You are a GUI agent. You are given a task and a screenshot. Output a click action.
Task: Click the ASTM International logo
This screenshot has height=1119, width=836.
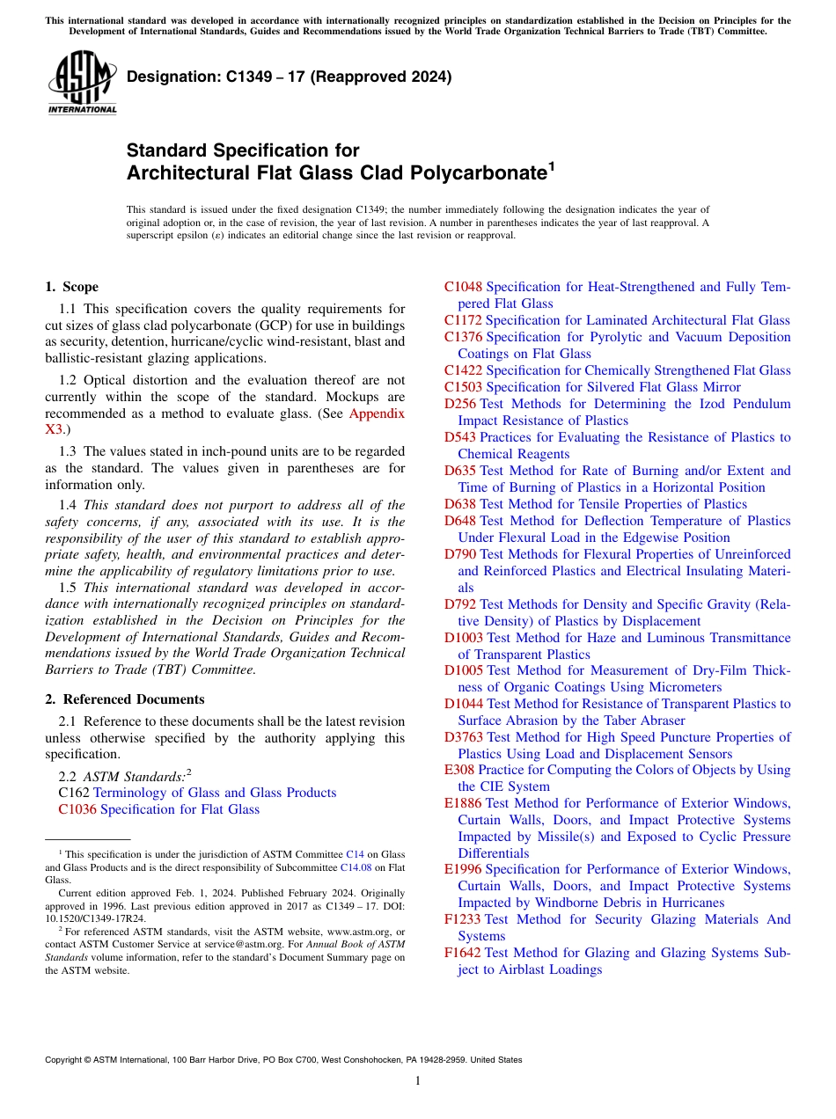tap(82, 84)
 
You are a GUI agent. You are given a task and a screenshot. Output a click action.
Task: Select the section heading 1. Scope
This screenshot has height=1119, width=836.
tap(71, 287)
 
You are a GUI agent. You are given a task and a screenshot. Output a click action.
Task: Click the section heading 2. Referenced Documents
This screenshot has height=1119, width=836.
tap(125, 699)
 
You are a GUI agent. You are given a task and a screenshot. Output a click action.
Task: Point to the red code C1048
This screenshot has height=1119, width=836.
tap(463, 287)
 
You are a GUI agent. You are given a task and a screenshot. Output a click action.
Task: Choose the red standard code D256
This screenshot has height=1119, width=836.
tap(460, 404)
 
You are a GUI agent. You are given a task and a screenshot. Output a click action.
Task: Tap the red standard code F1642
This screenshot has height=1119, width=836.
tap(463, 953)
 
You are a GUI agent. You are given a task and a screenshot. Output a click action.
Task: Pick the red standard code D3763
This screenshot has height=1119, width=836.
tap(464, 737)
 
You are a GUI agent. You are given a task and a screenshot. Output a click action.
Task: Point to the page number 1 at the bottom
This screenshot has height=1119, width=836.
tap(418, 1081)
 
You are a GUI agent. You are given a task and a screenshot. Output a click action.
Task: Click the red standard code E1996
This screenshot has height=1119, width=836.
tap(463, 869)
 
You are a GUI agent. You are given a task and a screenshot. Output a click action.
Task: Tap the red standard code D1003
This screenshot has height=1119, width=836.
tap(464, 638)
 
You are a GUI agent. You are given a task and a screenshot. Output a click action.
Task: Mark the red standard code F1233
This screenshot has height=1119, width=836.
tap(463, 919)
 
